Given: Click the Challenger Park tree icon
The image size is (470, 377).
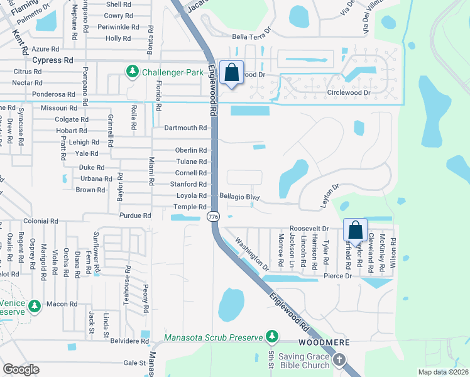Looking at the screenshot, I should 133,72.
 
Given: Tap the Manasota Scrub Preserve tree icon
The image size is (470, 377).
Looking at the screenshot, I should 271,337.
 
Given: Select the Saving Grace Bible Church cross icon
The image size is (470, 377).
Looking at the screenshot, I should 339,360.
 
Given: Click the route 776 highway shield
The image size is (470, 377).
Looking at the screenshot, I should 213,216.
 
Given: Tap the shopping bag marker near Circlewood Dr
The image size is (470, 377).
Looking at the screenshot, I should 232,73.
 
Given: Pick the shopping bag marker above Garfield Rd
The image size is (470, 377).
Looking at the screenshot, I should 355,230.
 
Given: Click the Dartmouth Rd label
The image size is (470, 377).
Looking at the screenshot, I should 185,128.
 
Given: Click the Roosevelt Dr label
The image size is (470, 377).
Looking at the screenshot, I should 309,228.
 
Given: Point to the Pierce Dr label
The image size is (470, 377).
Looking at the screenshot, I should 338,276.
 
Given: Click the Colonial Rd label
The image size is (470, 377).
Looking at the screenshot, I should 41,221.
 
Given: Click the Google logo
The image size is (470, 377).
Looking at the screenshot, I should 21,369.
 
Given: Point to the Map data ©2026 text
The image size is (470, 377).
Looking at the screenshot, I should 442,372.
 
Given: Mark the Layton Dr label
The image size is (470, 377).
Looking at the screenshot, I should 330,195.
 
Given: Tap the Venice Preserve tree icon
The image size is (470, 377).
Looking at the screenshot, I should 35,306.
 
